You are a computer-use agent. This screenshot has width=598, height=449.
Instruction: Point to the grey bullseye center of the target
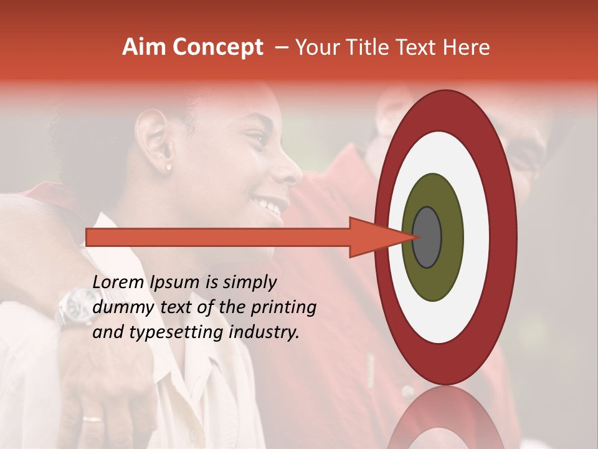(427, 237)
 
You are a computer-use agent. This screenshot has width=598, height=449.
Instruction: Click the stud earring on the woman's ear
(168, 167)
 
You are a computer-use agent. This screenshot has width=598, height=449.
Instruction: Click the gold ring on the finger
(92, 419)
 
